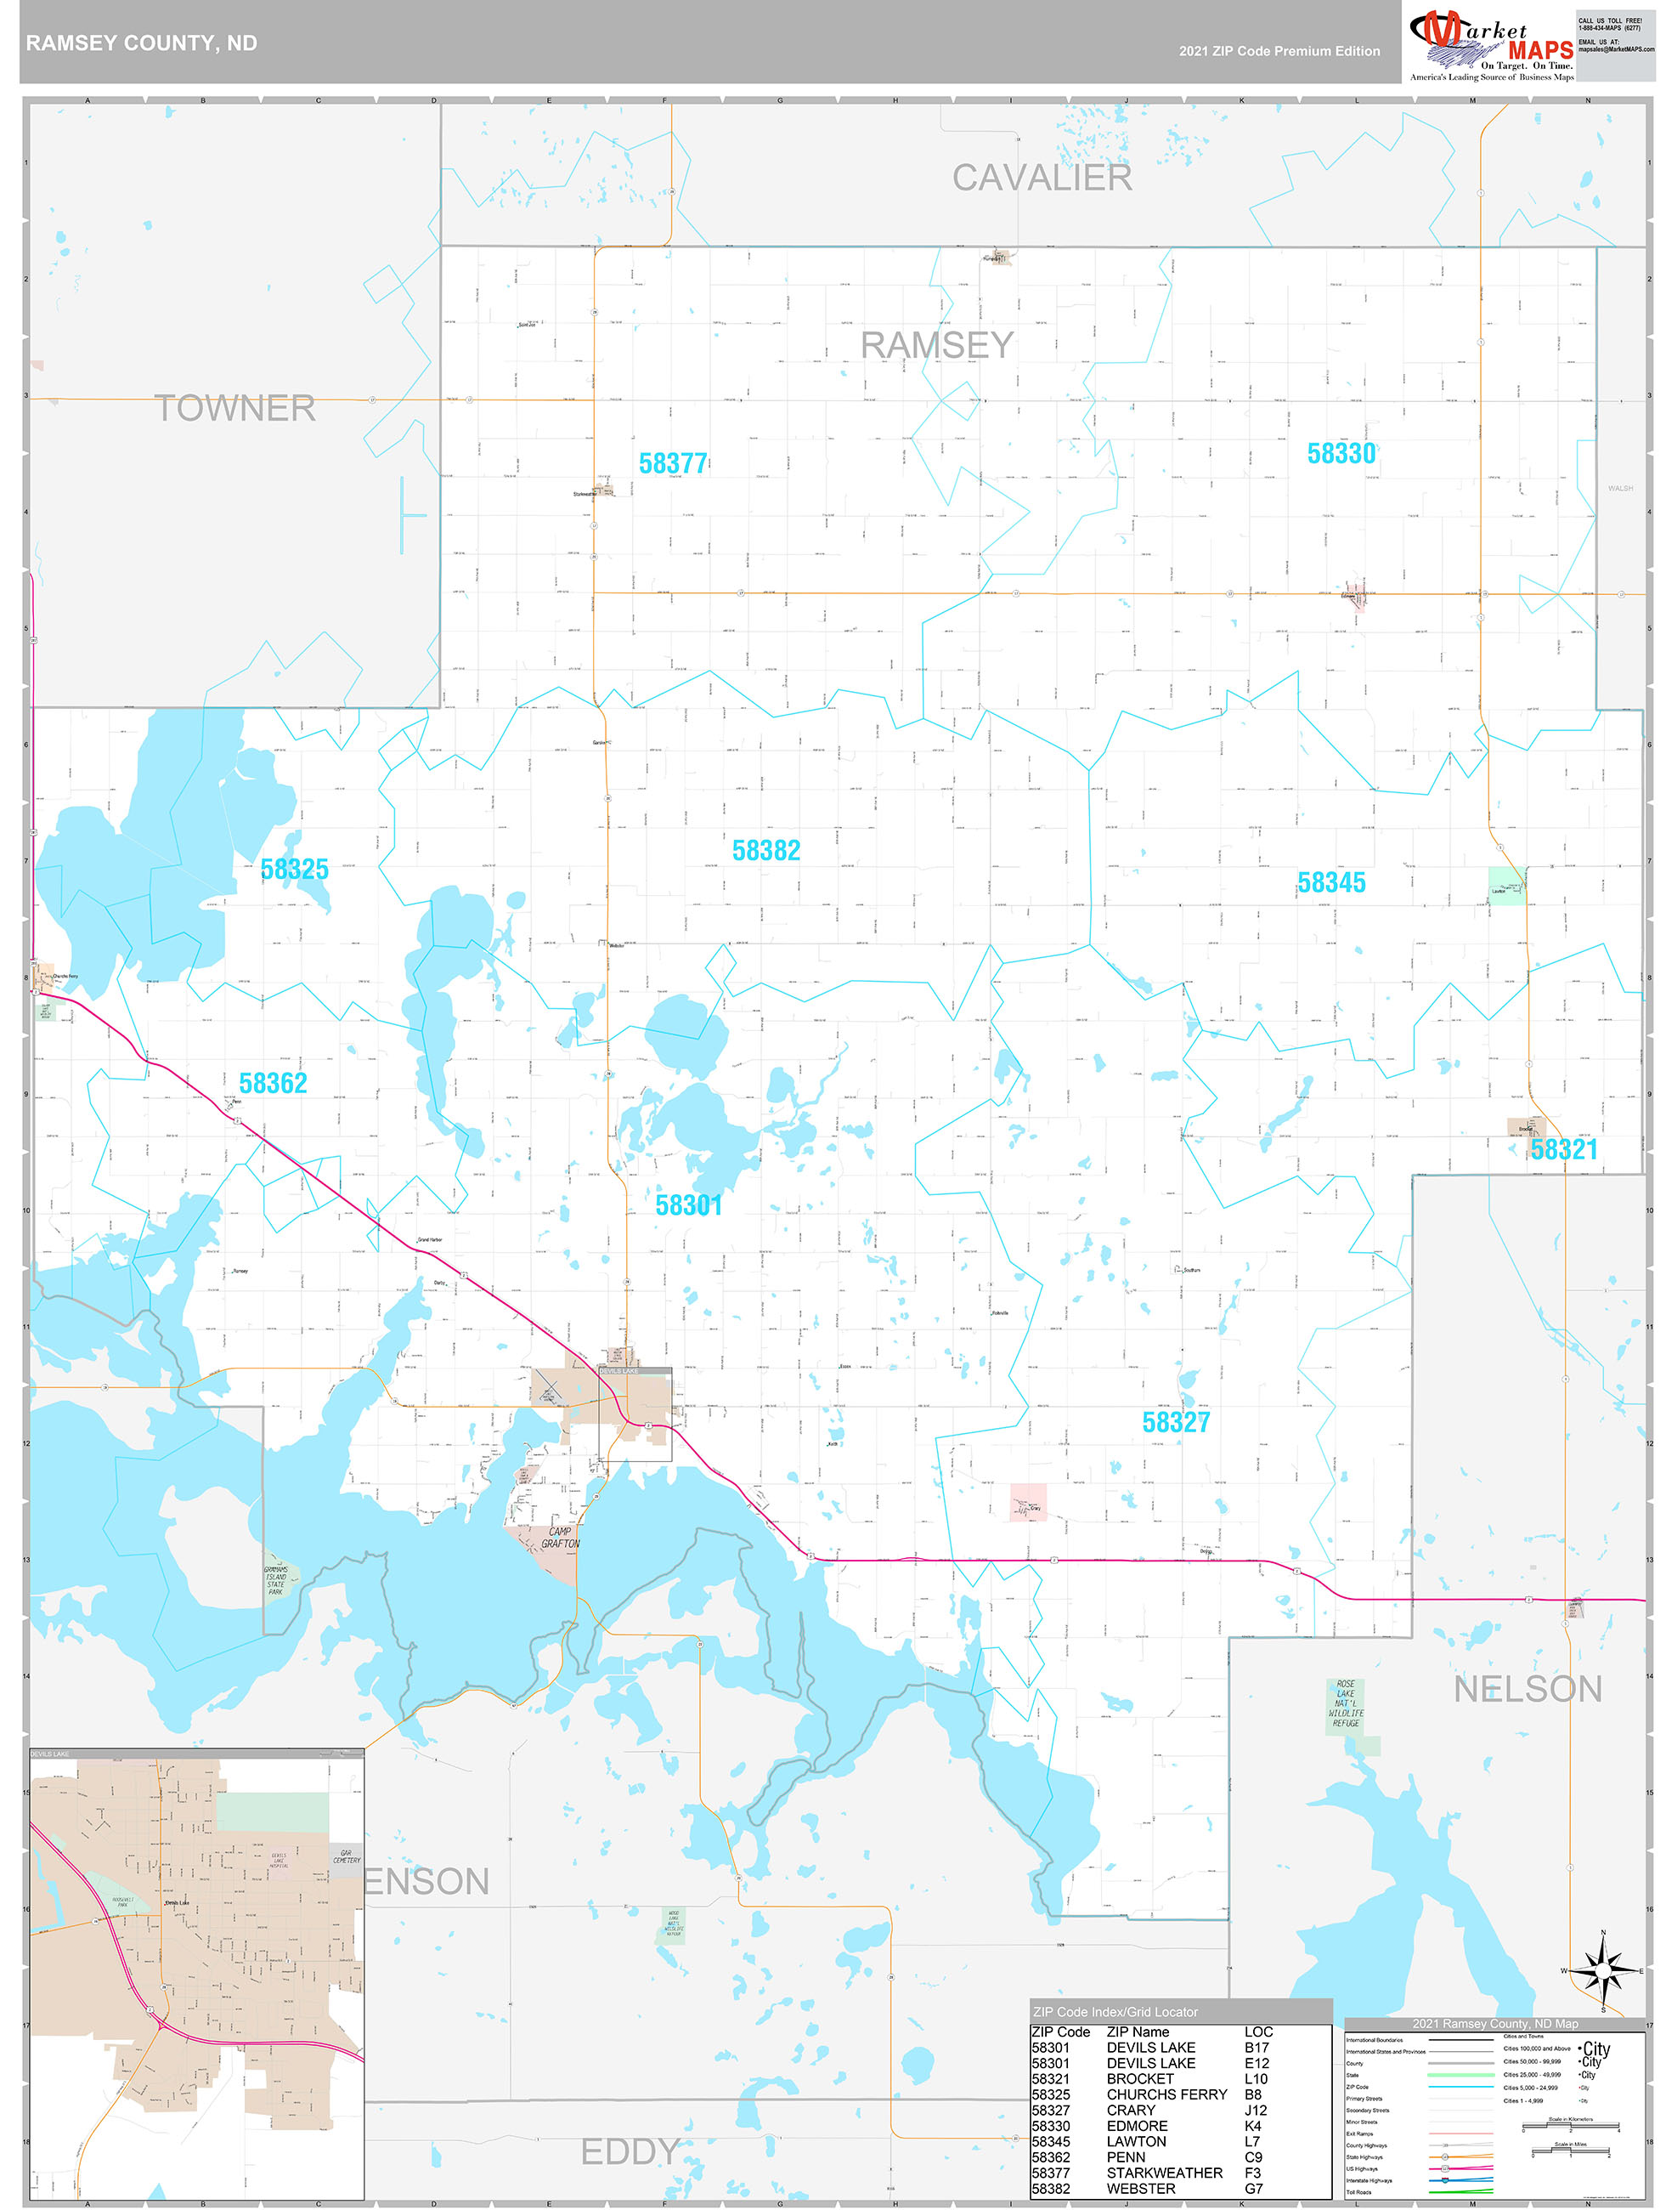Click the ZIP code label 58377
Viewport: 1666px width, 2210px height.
(672, 463)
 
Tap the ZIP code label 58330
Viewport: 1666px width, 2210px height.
(1341, 454)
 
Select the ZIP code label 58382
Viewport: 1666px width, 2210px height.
(766, 850)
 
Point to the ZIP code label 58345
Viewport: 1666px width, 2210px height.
(1330, 883)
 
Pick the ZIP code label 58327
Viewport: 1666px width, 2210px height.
(1176, 1423)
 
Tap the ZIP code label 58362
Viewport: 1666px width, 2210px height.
(273, 1083)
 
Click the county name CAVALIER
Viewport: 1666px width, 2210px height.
(1041, 178)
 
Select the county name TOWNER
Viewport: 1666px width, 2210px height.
(234, 408)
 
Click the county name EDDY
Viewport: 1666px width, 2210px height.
(630, 2151)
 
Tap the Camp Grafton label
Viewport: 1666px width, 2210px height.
(561, 1538)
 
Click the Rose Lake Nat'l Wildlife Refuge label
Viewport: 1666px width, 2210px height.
(1346, 1703)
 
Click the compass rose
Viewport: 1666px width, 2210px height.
(1603, 1971)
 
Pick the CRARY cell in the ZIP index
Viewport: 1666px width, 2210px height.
(1131, 2110)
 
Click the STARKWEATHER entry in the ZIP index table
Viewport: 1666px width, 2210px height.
(1164, 2173)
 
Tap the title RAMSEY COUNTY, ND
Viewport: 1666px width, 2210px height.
(141, 43)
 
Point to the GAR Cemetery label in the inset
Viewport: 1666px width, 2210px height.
(346, 1856)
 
